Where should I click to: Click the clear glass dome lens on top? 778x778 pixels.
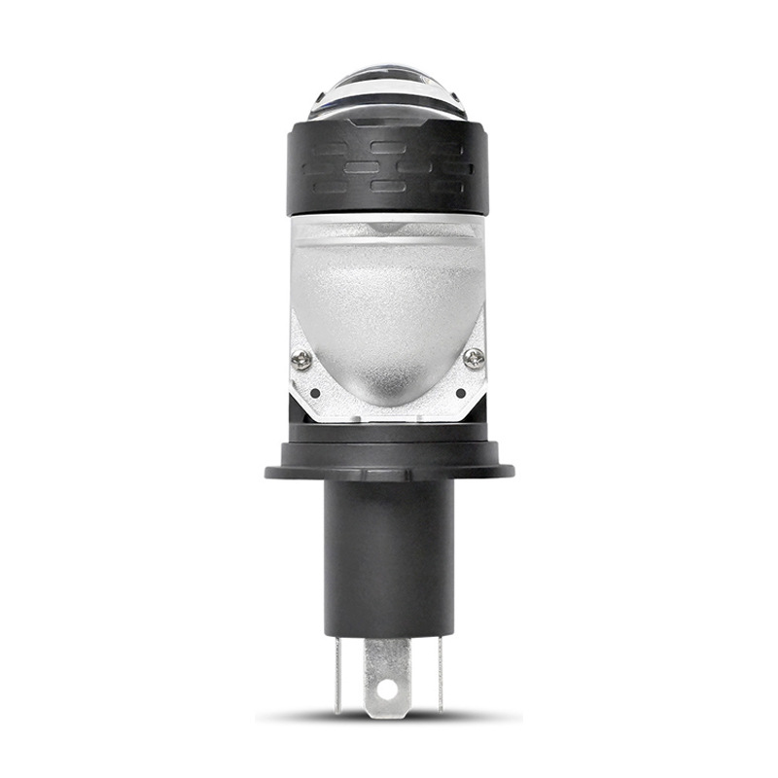[x=388, y=92]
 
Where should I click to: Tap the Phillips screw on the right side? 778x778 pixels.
[x=474, y=358]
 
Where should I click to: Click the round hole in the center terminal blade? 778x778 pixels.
[x=388, y=690]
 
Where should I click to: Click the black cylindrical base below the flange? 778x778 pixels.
[x=388, y=554]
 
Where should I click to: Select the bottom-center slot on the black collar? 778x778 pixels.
[x=387, y=186]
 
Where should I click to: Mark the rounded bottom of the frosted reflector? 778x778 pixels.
[x=388, y=394]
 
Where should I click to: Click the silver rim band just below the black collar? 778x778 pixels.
[x=388, y=222]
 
